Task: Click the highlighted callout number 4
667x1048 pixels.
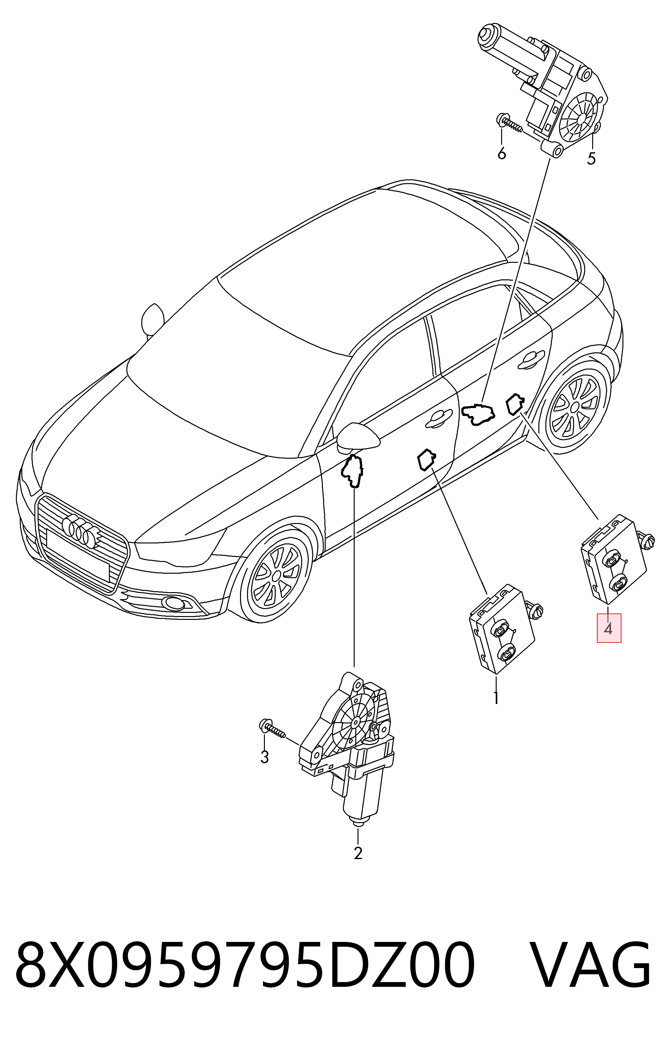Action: click(608, 628)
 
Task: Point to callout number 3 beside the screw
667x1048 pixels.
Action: click(264, 757)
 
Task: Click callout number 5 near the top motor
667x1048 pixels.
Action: click(591, 158)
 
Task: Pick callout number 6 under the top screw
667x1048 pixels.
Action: click(502, 153)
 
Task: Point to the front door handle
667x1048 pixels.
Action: click(439, 418)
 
